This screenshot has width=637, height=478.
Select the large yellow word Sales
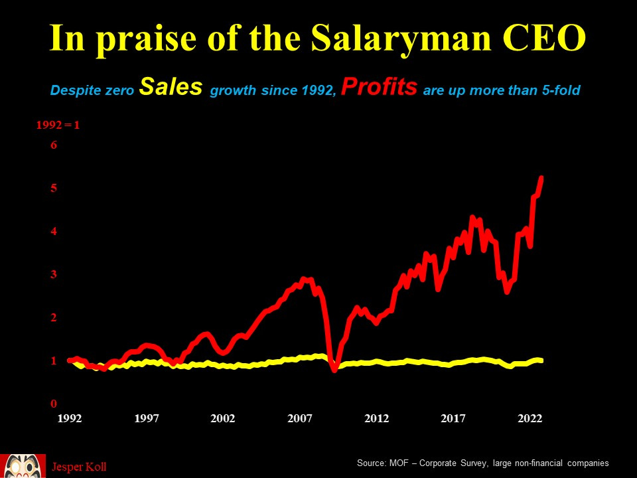click(x=171, y=88)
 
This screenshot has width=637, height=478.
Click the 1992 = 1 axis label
click(x=58, y=124)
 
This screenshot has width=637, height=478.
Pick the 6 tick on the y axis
click(x=54, y=145)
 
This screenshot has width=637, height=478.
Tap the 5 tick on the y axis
click(x=54, y=189)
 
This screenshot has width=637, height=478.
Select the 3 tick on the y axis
click(x=54, y=274)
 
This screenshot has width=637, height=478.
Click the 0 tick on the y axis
click(x=54, y=404)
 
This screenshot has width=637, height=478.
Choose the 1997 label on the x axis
click(x=147, y=418)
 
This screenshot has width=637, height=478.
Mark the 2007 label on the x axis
click(x=300, y=418)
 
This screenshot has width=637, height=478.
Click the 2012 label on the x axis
click(x=376, y=418)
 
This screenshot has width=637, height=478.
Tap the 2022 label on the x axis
click(x=530, y=418)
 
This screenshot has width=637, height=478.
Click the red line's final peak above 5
click(x=541, y=178)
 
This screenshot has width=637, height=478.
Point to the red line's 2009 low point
click(x=334, y=369)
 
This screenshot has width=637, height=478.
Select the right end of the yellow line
click(x=541, y=360)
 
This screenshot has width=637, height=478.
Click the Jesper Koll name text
click(x=79, y=467)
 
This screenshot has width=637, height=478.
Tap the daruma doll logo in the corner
click(x=23, y=465)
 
